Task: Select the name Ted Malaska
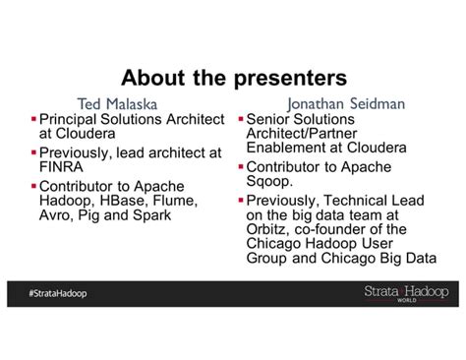(x=118, y=102)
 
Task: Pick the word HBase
(x=123, y=201)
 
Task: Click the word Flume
(x=177, y=201)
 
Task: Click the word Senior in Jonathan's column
(x=271, y=118)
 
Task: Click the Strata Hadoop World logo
(x=406, y=293)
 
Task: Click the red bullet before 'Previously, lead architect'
(x=34, y=151)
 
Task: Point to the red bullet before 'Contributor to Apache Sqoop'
(x=241, y=167)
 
